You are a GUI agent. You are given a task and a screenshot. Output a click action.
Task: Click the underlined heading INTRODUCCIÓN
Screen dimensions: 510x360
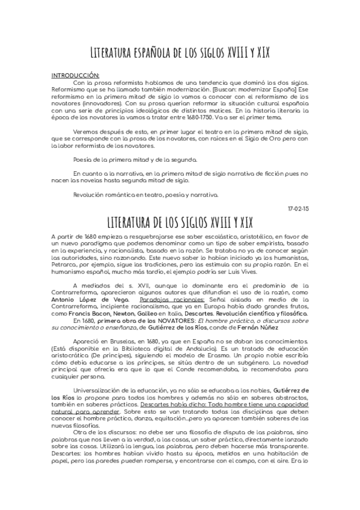click(73, 76)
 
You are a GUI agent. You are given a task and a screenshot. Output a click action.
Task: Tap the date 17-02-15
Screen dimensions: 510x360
click(299, 208)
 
